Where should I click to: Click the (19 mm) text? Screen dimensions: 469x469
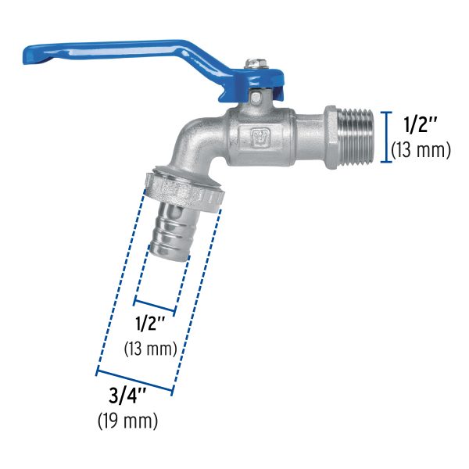click(x=128, y=421)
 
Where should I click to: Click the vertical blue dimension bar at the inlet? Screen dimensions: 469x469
click(x=385, y=136)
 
